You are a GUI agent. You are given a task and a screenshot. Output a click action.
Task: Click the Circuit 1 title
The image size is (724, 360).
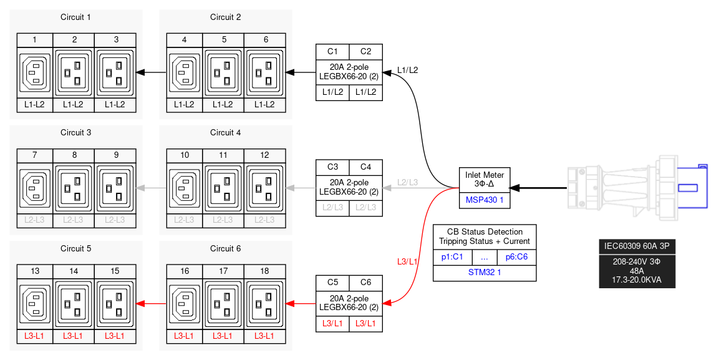coord(75,17)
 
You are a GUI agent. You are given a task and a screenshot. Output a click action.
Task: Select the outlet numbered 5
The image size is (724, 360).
coord(223,72)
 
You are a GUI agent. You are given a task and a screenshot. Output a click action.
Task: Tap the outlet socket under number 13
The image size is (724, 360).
coord(35,304)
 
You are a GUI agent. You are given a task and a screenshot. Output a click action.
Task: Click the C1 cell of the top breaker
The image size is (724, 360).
coord(332,51)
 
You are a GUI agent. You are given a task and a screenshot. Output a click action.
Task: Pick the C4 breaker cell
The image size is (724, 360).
coord(365,167)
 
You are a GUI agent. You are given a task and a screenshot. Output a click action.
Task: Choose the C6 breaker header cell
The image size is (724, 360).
coord(365,283)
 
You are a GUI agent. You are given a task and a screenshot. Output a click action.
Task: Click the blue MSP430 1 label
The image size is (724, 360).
coord(484,201)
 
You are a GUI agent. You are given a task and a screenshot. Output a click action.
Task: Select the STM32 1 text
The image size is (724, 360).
coord(484,273)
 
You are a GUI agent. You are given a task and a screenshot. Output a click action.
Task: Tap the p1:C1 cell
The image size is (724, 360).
coord(452,256)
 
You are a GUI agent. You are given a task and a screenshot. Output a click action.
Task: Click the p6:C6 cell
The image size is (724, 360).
coord(516,256)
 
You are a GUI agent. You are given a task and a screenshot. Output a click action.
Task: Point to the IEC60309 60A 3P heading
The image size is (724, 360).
coord(637,246)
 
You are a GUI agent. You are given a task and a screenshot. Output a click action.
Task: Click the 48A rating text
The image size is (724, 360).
coord(637,271)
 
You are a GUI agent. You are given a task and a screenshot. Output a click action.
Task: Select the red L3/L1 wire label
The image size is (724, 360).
coord(407,261)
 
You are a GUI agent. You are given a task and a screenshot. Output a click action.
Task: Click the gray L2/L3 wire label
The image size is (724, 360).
coord(407,182)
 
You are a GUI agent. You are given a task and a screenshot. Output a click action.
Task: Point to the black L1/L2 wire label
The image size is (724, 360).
coord(407,70)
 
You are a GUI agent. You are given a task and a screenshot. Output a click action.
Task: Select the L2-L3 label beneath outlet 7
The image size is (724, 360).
coord(35,220)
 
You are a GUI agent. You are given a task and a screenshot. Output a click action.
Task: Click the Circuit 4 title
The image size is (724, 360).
coord(225,133)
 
